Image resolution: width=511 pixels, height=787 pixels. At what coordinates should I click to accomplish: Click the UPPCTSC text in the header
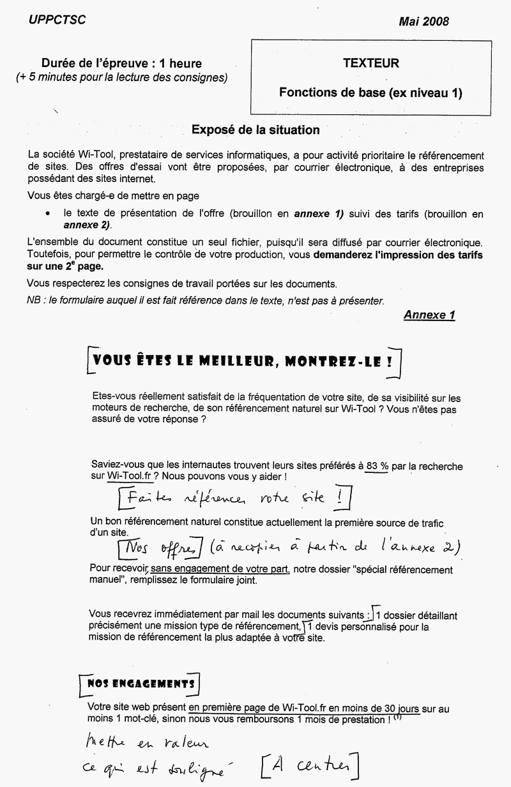pyautogui.click(x=57, y=20)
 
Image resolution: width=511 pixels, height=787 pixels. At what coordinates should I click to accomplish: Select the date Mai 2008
pyautogui.click(x=423, y=22)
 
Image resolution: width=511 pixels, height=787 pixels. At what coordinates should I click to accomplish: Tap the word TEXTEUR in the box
pyautogui.click(x=370, y=63)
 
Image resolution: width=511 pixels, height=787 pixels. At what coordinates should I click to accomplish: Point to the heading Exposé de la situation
pyautogui.click(x=256, y=130)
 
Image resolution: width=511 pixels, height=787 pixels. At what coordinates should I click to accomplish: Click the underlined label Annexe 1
pyautogui.click(x=429, y=315)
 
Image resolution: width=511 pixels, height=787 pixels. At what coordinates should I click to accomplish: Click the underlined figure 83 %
pyautogui.click(x=377, y=467)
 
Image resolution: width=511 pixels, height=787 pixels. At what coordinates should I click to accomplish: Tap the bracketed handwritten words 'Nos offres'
pyautogui.click(x=160, y=547)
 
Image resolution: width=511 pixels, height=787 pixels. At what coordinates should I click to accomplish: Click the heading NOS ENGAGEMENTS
pyautogui.click(x=139, y=684)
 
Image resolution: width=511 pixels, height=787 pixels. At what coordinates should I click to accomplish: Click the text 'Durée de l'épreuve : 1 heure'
pyautogui.click(x=121, y=63)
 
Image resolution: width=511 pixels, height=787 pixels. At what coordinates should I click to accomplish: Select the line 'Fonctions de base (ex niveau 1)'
pyautogui.click(x=370, y=93)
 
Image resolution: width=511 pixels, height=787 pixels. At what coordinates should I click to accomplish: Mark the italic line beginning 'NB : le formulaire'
pyautogui.click(x=206, y=299)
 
